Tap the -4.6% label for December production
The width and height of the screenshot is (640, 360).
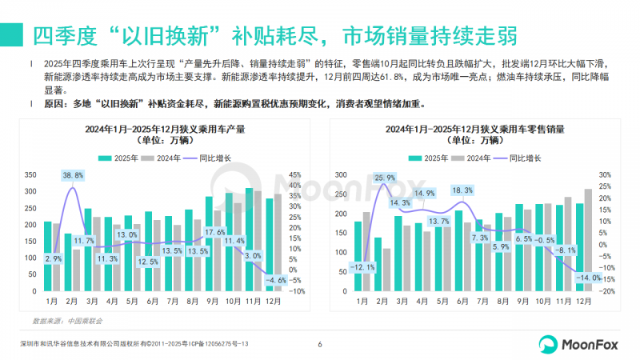276,281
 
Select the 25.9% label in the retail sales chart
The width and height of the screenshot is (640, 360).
385,178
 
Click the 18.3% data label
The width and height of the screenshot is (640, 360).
462,190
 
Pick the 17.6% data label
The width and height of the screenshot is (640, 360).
215,232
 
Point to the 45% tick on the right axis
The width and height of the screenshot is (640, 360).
295,175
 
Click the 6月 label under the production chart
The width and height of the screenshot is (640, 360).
153,302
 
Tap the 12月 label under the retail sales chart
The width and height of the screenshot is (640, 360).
584,302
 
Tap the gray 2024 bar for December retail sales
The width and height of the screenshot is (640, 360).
589,241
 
